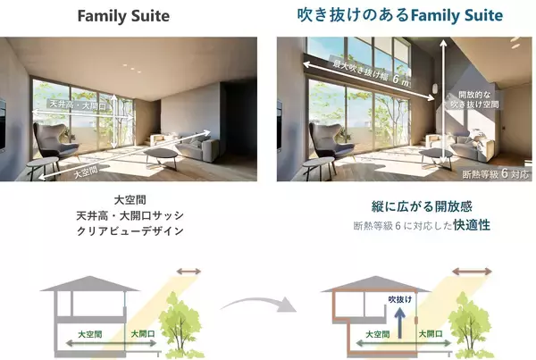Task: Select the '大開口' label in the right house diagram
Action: tap(439, 332)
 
